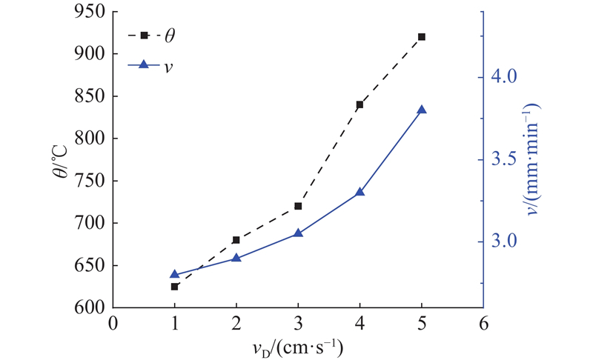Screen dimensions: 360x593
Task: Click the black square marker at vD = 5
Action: (422, 36)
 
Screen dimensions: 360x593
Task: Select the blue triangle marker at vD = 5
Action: (422, 110)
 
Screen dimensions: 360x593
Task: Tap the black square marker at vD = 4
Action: (360, 104)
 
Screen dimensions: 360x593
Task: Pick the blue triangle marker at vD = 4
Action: (360, 192)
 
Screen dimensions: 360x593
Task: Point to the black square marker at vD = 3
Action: (298, 206)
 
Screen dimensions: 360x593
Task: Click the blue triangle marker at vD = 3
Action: (298, 233)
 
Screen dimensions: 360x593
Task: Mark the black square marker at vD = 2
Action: (236, 240)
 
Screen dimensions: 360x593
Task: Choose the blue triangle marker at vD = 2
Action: (236, 258)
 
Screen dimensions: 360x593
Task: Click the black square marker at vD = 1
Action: (175, 286)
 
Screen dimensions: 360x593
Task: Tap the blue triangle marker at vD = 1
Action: (175, 274)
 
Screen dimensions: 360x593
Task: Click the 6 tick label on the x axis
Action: (483, 323)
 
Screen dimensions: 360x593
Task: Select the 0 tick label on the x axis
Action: (113, 323)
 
